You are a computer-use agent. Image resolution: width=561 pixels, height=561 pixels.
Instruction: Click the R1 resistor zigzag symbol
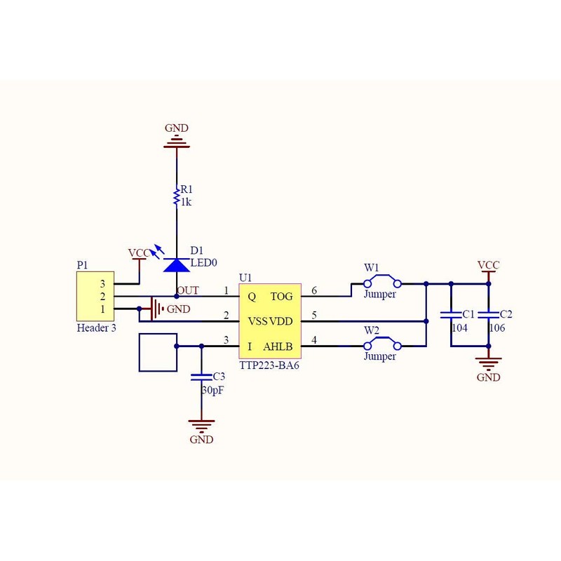tap(176, 196)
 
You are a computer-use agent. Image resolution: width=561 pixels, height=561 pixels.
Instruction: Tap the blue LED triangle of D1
tap(177, 265)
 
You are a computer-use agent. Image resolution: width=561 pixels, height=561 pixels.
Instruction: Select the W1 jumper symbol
tap(382, 281)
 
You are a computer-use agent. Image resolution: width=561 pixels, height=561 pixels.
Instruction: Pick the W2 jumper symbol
tap(382, 343)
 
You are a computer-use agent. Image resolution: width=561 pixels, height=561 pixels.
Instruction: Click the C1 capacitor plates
tap(451, 314)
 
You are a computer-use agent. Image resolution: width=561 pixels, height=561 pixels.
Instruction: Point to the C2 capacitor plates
tap(488, 314)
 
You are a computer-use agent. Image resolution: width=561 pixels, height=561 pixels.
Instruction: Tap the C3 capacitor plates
tap(201, 377)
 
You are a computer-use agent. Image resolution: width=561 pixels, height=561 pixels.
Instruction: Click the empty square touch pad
tap(158, 353)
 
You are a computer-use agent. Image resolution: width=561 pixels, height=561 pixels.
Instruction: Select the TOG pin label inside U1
tap(282, 297)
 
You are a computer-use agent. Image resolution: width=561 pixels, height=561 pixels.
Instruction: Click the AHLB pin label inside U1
tap(278, 346)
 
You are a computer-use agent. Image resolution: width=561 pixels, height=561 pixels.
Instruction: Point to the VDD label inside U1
tap(281, 321)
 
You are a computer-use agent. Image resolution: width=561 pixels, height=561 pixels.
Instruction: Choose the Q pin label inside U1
tap(252, 297)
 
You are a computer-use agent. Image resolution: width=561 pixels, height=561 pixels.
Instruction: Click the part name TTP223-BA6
tap(269, 365)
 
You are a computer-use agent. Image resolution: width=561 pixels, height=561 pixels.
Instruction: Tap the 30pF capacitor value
tap(213, 391)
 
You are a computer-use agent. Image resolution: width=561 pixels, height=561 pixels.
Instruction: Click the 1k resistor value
tap(186, 202)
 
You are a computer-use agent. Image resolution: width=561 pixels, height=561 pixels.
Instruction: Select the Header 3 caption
tap(97, 327)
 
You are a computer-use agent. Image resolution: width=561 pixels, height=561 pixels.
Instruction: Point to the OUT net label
tap(188, 290)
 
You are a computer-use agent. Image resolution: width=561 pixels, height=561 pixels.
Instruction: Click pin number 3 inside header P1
tap(102, 284)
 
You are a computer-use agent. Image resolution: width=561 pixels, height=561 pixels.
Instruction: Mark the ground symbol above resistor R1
tap(177, 142)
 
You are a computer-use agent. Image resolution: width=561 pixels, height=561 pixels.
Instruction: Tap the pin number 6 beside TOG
tap(314, 290)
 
